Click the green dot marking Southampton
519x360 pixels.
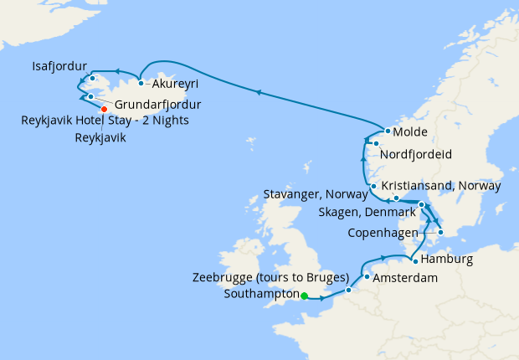305,295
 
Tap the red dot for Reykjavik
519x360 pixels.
104,109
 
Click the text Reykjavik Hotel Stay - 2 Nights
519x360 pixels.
105,121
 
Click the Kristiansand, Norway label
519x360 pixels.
441,185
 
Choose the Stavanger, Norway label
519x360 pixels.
316,194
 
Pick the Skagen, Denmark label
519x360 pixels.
367,213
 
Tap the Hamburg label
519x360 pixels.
447,260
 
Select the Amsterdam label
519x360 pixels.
405,277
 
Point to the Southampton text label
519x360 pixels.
262,295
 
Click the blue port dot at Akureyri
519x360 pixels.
141,83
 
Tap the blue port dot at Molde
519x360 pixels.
387,132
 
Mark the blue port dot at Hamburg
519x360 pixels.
415,261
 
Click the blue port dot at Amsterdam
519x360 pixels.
367,276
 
